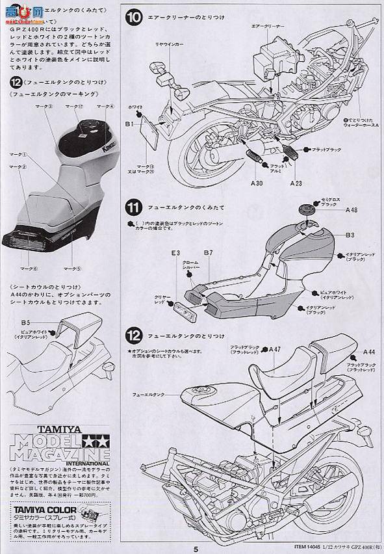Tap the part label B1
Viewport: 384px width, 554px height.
129,122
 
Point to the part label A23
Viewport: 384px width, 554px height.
296,184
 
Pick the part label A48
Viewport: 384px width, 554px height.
351,209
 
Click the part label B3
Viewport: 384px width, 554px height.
349,233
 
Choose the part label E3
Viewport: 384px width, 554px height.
175,252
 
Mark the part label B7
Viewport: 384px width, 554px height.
208,252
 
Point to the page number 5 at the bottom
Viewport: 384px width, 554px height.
194,547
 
